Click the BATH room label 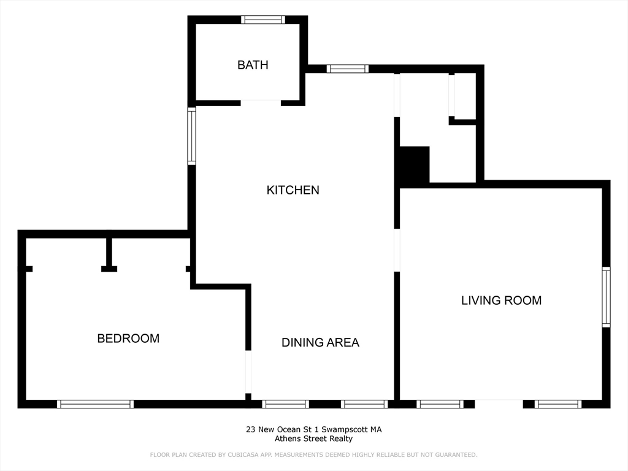click(253, 65)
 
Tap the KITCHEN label click(293, 190)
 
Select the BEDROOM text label click(128, 339)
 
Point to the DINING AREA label click(320, 343)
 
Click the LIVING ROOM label click(501, 301)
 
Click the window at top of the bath click(263, 20)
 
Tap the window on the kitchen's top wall click(348, 69)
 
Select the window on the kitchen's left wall click(191, 136)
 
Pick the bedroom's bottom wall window click(95, 404)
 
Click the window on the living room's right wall click(606, 297)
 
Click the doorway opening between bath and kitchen click(261, 102)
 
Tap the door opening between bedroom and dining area click(248, 372)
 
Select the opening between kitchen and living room click(397, 250)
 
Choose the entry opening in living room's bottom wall click(499, 404)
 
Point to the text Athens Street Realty click(313, 438)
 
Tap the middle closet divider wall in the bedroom click(109, 253)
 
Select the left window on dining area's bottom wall click(285, 404)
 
